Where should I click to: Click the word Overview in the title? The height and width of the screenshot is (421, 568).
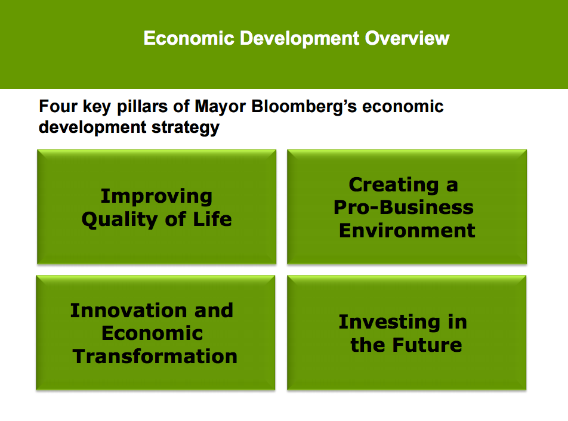click(x=407, y=38)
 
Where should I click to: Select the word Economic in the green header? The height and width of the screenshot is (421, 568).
click(x=189, y=38)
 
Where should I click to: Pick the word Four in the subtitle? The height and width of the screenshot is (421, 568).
click(x=58, y=106)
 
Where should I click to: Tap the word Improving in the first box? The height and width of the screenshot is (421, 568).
click(x=156, y=197)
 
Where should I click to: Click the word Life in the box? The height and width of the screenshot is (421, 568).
click(x=212, y=219)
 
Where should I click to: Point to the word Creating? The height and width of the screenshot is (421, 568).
click(x=394, y=185)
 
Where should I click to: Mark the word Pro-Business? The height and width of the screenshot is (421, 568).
click(x=403, y=208)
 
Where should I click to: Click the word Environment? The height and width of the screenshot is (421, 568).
click(x=407, y=231)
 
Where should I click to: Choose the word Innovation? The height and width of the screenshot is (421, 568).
click(x=129, y=311)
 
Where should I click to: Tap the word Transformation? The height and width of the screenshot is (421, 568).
click(x=155, y=356)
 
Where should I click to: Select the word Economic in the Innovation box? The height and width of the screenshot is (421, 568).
click(x=152, y=333)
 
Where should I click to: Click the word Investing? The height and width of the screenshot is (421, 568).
click(x=390, y=323)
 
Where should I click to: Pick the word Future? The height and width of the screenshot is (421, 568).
click(x=427, y=345)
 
